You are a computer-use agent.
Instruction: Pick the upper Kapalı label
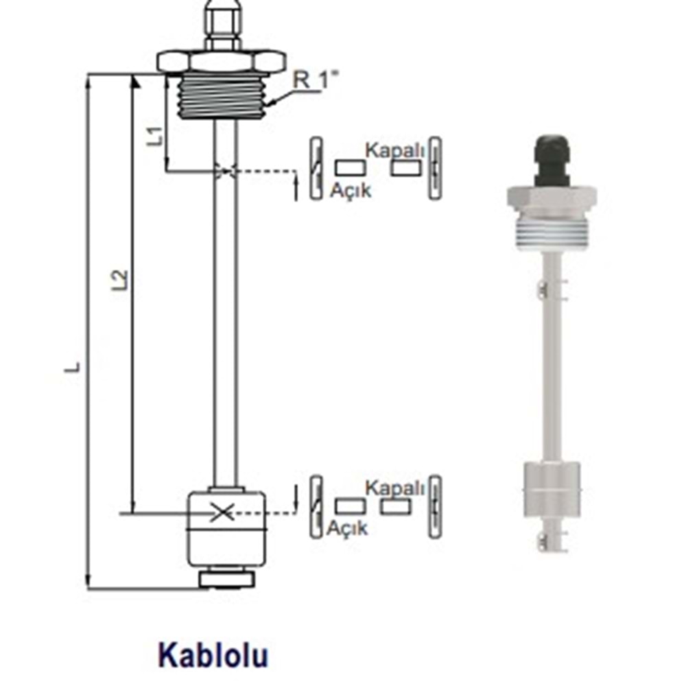tap(395, 149)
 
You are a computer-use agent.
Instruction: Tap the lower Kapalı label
tap(395, 488)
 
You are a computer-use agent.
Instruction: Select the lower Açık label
tap(347, 528)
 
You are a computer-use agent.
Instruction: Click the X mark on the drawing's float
tap(221, 512)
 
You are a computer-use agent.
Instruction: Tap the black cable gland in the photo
tap(552, 161)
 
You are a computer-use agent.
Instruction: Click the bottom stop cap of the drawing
tap(227, 578)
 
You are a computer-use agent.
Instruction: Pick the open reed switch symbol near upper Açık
tap(315, 169)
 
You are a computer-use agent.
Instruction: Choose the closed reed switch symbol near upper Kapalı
tap(434, 169)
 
